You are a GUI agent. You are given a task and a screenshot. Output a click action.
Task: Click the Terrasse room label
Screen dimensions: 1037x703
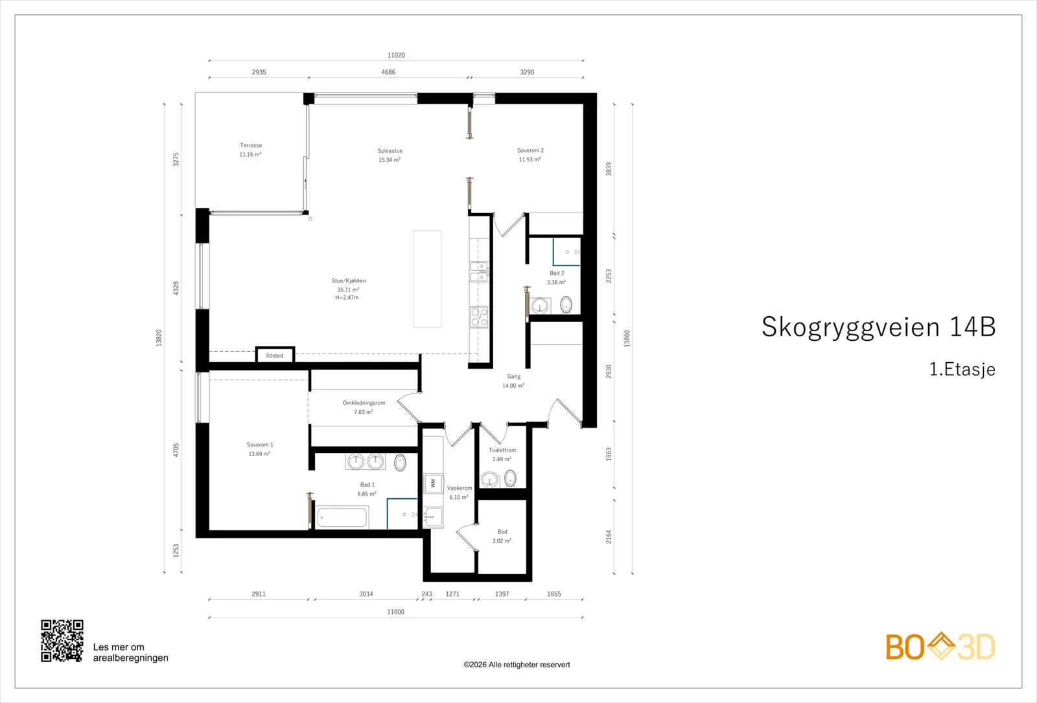pos(251,145)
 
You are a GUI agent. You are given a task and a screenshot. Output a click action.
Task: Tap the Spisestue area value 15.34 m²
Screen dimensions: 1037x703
pos(390,160)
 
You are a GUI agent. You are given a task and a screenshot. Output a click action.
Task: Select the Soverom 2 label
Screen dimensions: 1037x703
pos(531,150)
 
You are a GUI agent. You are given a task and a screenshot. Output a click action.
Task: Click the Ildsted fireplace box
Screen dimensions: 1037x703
pos(275,355)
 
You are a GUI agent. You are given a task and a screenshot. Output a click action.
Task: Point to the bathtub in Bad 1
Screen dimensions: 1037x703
pos(343,517)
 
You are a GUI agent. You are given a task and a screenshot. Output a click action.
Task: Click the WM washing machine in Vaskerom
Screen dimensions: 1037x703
pos(433,483)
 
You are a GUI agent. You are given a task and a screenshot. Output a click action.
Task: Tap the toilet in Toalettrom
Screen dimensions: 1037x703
pos(510,478)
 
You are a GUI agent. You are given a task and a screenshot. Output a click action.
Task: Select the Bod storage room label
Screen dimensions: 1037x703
pos(502,532)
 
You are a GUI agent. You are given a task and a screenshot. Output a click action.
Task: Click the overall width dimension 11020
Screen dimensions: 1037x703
pos(396,55)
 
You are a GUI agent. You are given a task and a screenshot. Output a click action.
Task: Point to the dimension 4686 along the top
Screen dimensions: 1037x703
pos(388,72)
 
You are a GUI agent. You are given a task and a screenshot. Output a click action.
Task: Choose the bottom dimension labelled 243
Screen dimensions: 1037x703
pos(427,594)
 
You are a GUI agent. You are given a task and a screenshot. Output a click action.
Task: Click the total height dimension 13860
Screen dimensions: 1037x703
pos(627,339)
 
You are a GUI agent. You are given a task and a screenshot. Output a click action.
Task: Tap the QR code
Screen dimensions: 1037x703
pos(62,641)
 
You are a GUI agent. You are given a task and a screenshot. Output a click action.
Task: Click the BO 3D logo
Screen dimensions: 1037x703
pos(940,647)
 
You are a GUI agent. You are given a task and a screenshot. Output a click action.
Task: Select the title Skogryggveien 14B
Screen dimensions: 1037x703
pos(879,327)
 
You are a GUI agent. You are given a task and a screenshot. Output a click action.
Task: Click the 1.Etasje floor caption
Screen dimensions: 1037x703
pos(962,369)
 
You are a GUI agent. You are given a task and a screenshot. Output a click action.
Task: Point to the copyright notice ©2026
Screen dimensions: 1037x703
pos(517,665)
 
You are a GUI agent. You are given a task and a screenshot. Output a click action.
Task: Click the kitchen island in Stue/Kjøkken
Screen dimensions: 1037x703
pos(427,279)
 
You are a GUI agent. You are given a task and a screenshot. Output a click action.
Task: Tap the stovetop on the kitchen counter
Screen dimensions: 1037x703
pos(479,317)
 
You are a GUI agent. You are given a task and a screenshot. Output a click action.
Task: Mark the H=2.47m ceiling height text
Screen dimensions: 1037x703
pos(347,297)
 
